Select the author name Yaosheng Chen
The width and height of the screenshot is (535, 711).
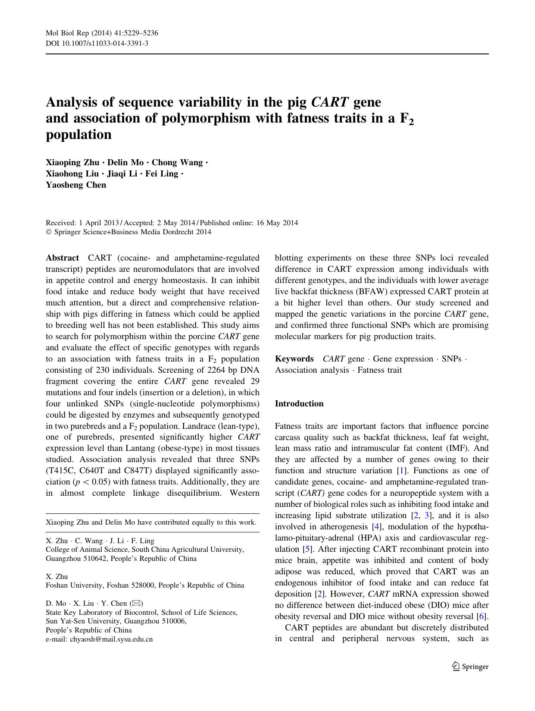click(76, 185)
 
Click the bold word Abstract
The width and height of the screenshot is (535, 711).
click(62, 258)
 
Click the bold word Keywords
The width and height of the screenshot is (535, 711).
click(294, 359)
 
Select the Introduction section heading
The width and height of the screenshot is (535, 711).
click(299, 404)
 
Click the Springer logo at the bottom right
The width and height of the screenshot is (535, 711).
click(470, 667)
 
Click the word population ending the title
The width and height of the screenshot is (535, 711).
click(78, 135)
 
